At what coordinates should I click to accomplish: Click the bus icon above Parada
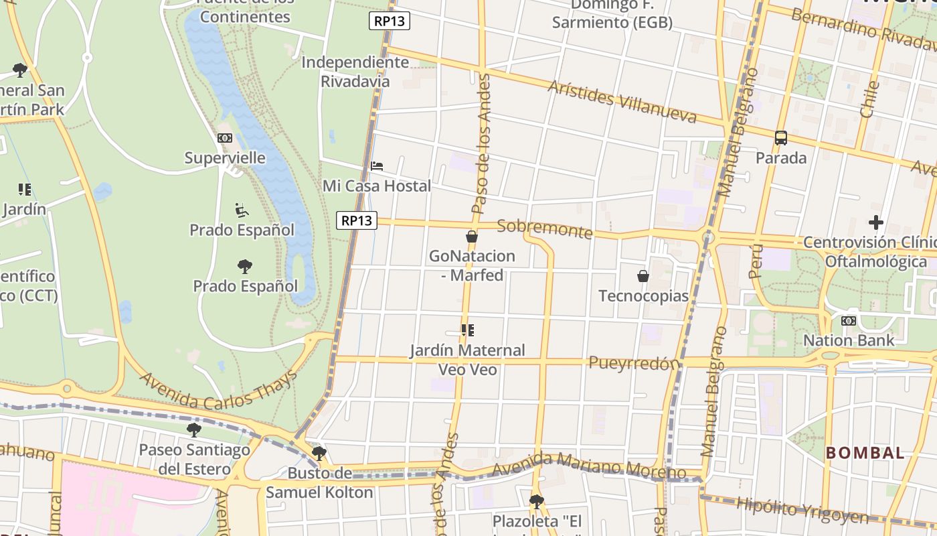tap(780, 138)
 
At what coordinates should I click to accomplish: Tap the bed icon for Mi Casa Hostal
tap(377, 165)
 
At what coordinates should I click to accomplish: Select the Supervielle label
tap(225, 158)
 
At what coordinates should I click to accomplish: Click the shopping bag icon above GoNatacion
tap(472, 237)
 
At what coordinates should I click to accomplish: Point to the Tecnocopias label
tap(643, 296)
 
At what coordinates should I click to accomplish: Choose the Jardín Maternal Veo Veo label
tap(467, 360)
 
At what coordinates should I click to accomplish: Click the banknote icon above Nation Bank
tap(848, 321)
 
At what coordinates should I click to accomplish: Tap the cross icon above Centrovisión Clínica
tap(875, 222)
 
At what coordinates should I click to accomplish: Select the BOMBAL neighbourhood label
tap(865, 453)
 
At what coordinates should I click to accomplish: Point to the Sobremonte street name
tap(545, 228)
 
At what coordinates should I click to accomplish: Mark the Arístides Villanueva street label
tap(622, 103)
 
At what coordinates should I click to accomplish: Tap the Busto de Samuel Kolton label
tap(319, 483)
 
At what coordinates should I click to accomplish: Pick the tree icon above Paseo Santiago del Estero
tap(194, 429)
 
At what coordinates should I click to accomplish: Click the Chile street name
tap(870, 99)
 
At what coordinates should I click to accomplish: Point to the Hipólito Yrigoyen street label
tap(802, 510)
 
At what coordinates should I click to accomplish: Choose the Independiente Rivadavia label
tap(355, 72)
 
